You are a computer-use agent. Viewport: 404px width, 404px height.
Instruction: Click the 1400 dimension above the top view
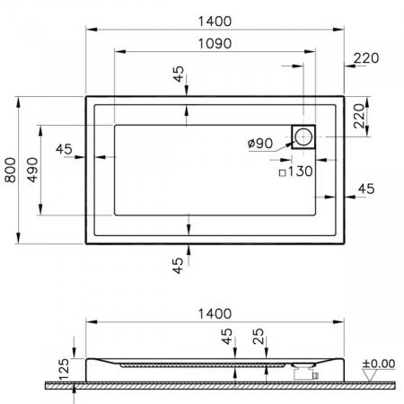tap(215, 22)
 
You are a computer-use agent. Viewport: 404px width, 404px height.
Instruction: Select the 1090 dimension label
tap(215, 44)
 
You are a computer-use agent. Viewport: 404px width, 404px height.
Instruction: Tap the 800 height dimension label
tap(11, 170)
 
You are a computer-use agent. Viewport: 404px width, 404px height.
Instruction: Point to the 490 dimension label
tap(32, 170)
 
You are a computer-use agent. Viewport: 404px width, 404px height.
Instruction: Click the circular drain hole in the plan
tap(303, 136)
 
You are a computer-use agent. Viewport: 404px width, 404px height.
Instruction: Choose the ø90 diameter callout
tap(260, 144)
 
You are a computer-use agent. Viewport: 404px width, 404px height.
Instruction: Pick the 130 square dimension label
tap(300, 171)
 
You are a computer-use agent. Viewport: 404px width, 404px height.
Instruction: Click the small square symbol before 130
tap(282, 172)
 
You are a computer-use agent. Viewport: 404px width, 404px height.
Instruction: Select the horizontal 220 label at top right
tap(366, 58)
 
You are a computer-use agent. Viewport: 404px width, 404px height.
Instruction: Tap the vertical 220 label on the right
tap(359, 116)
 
